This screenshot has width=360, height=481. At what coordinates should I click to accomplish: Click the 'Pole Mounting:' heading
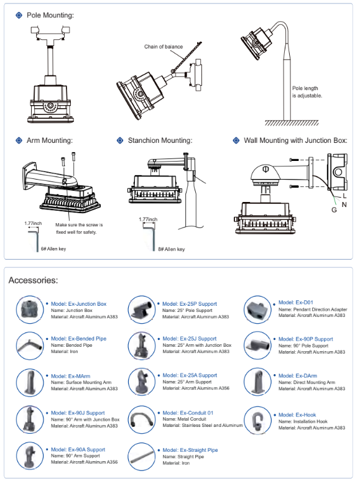click(50, 15)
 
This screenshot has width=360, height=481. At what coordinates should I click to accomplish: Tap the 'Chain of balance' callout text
click(164, 47)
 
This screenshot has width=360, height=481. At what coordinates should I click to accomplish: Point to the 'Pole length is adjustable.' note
click(307, 92)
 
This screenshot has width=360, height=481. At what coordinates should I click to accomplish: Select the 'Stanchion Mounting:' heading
click(160, 140)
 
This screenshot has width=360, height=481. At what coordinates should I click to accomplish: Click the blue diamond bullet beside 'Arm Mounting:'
click(19, 140)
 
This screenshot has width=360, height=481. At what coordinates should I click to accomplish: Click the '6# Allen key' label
click(53, 249)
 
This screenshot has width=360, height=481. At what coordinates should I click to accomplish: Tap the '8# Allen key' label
click(172, 249)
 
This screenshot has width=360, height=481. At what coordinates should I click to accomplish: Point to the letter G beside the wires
click(335, 210)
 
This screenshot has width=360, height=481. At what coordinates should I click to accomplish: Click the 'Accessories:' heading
click(33, 280)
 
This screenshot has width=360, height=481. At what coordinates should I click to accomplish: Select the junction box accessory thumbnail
click(29, 309)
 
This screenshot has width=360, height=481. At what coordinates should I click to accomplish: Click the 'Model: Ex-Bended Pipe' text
click(78, 339)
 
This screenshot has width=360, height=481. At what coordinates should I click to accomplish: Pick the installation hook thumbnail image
click(258, 420)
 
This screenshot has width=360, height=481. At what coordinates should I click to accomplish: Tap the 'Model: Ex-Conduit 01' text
click(188, 413)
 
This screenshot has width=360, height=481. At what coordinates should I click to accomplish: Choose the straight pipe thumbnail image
click(141, 457)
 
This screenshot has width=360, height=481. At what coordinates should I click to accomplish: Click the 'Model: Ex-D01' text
click(296, 303)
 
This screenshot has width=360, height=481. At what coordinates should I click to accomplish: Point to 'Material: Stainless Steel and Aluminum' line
click(203, 426)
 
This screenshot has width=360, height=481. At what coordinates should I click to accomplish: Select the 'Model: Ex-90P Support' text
click(306, 339)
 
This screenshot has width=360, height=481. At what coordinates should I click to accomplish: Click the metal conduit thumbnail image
click(141, 419)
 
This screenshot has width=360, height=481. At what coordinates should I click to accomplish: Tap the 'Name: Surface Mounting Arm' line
click(81, 383)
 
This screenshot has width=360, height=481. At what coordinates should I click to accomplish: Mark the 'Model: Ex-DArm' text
click(298, 376)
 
